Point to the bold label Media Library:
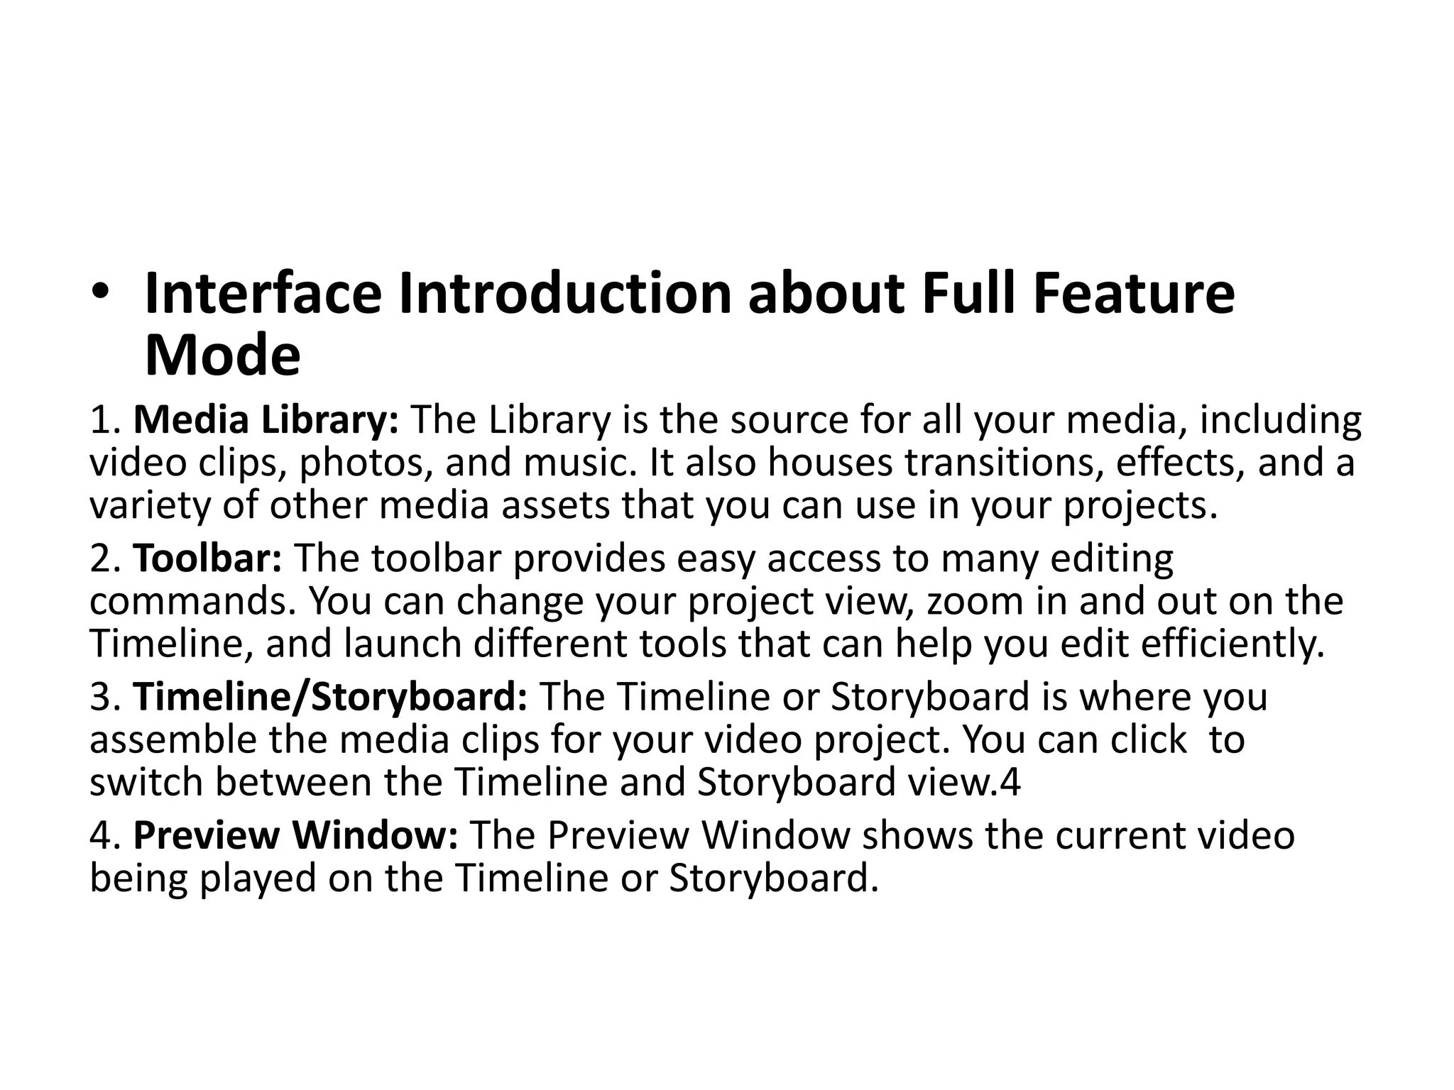coord(267,420)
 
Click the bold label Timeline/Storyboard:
coord(331,697)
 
